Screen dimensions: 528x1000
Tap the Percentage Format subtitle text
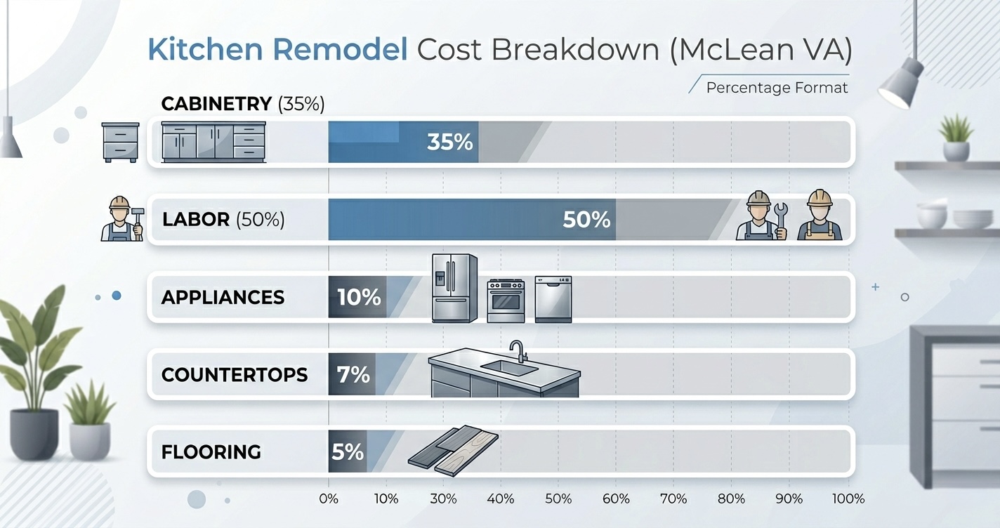click(x=777, y=88)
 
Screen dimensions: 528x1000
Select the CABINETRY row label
click(x=216, y=104)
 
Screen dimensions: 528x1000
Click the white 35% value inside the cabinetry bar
click(x=449, y=143)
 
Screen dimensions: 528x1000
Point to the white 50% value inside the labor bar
click(x=586, y=220)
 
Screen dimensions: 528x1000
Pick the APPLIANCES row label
click(x=223, y=297)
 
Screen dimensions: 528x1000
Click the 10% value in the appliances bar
click(x=359, y=297)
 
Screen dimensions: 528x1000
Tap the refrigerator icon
click(x=454, y=289)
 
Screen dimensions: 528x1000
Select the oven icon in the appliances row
click(x=506, y=300)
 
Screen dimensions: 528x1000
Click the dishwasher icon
click(x=553, y=299)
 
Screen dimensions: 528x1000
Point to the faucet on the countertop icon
click(x=517, y=350)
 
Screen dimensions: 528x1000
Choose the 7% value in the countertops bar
click(x=353, y=375)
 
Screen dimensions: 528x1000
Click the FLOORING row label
click(x=211, y=451)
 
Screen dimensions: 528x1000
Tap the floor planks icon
click(x=453, y=451)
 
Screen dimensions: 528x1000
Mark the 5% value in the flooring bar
click(x=347, y=451)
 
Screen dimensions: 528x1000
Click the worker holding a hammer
click(x=121, y=219)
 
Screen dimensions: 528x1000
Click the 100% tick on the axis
click(x=848, y=499)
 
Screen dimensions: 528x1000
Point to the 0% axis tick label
click(x=328, y=499)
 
